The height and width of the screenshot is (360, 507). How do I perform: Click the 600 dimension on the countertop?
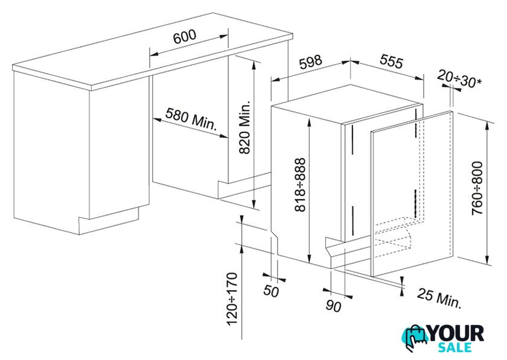(x=185, y=36)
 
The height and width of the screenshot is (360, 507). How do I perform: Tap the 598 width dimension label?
(x=311, y=62)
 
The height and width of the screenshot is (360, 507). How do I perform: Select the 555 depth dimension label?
(x=392, y=62)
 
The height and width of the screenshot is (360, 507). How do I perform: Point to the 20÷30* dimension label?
(x=459, y=79)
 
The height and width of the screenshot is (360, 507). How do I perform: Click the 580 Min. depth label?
(x=191, y=118)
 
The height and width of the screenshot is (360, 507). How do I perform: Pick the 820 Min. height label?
(x=245, y=127)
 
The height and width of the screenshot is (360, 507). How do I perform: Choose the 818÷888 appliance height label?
(x=300, y=185)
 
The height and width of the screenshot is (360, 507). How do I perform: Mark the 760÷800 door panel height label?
(x=477, y=188)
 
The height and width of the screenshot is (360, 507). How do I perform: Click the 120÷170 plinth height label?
(x=232, y=299)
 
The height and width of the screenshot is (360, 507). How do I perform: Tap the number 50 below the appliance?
(x=271, y=291)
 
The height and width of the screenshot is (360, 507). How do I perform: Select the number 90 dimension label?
(x=333, y=306)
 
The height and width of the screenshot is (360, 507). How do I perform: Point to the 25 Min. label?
(x=439, y=298)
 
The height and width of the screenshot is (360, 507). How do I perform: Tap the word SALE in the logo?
(x=454, y=347)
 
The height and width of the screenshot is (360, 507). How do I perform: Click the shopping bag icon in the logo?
(x=415, y=336)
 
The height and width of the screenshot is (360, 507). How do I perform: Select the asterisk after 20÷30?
(x=479, y=82)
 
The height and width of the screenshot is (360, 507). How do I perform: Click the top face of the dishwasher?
(x=346, y=103)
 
